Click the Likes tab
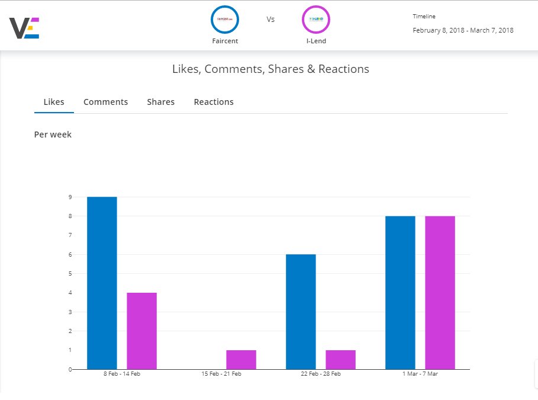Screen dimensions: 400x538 click(54, 102)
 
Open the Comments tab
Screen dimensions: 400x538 click(105, 102)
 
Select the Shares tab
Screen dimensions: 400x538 click(160, 102)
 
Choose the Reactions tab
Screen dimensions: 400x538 click(214, 102)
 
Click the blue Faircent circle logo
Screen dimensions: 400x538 click(225, 20)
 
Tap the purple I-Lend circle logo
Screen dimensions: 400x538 click(316, 20)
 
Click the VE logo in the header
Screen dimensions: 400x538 click(24, 28)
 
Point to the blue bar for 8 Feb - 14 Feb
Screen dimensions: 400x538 click(102, 283)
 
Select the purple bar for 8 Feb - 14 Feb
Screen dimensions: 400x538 click(141, 331)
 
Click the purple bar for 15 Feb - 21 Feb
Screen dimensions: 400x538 click(241, 360)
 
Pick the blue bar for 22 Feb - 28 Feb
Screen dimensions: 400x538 click(301, 312)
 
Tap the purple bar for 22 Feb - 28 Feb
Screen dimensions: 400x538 click(340, 360)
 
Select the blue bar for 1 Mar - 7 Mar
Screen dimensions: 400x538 click(400, 293)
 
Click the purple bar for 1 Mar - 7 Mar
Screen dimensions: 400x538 click(440, 293)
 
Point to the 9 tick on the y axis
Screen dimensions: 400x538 click(70, 197)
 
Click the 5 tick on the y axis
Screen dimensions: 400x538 click(70, 274)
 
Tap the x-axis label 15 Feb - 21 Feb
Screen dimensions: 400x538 click(221, 374)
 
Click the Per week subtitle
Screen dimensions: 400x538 click(53, 135)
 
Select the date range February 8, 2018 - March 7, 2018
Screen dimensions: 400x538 click(463, 30)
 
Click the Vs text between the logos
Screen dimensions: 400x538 click(270, 20)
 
